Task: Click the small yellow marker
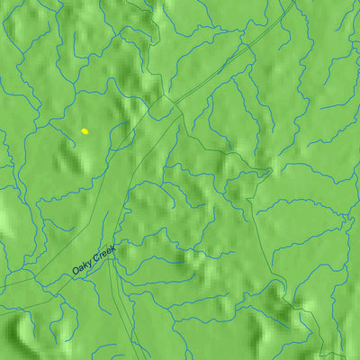click(x=85, y=131)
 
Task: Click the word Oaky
click(x=82, y=267)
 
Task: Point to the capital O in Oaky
click(x=76, y=272)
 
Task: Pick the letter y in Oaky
click(x=89, y=264)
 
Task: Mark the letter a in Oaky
click(x=81, y=268)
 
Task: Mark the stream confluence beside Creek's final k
click(x=116, y=247)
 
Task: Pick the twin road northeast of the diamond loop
click(x=225, y=63)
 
